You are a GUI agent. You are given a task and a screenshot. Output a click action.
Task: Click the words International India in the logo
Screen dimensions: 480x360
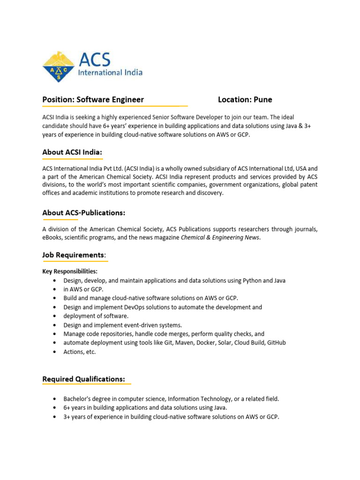click(110, 73)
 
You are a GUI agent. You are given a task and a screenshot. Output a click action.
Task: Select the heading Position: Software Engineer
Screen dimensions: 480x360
click(93, 99)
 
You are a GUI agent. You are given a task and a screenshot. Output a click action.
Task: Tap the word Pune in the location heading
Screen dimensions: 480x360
click(263, 99)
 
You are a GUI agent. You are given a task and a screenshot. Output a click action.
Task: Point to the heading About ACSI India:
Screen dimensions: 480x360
click(72, 152)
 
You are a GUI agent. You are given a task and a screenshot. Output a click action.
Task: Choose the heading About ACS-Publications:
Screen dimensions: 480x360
click(84, 213)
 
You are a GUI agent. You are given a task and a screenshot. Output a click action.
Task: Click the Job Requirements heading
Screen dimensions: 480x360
click(74, 255)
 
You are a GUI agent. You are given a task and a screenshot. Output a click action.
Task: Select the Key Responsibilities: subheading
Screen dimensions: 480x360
click(70, 271)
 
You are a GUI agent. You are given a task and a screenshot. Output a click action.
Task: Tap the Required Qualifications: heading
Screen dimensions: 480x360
click(84, 379)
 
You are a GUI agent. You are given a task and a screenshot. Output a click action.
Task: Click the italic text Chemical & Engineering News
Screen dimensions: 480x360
click(220, 238)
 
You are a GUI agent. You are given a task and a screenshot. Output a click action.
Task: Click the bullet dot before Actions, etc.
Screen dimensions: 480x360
click(55, 352)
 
